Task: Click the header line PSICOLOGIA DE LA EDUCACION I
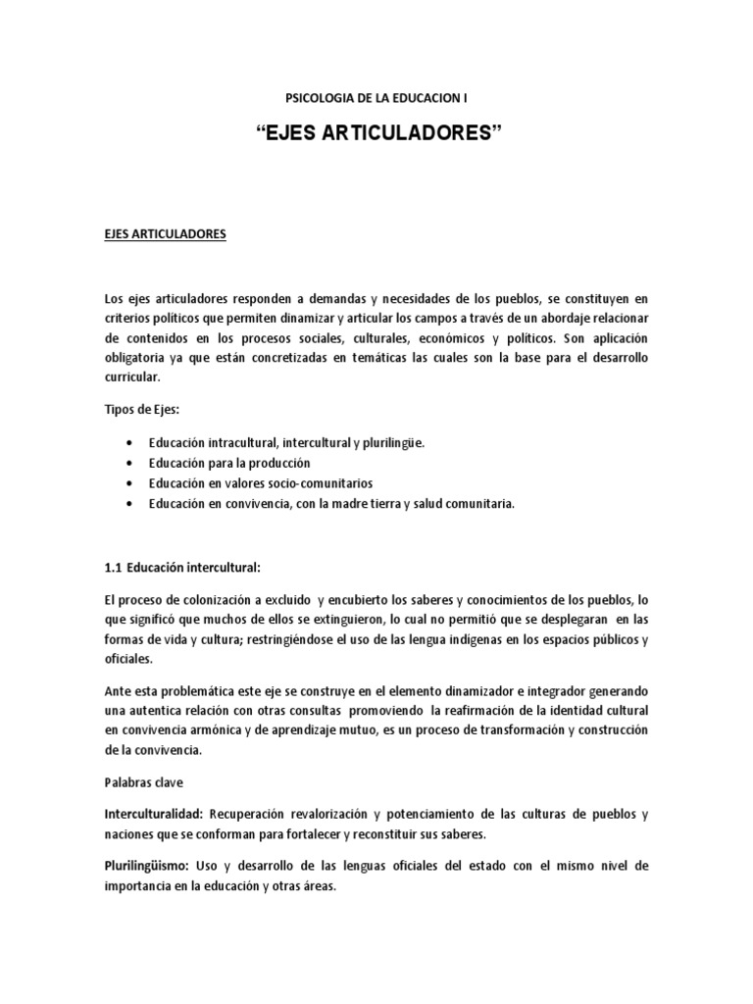click(376, 97)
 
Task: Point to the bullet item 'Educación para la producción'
click(229, 463)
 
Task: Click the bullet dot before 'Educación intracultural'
click(130, 443)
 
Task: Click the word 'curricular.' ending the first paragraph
click(132, 376)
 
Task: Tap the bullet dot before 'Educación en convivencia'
click(130, 504)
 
